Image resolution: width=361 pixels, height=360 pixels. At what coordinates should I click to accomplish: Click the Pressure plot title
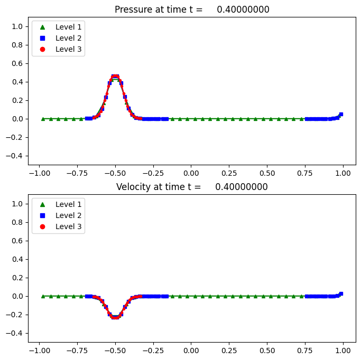point(192,10)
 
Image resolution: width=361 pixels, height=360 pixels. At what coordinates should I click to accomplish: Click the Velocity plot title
point(192,187)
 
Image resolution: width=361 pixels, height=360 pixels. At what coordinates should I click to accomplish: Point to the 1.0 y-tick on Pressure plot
point(19,26)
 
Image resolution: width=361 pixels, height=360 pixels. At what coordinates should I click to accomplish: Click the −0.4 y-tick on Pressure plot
point(17,156)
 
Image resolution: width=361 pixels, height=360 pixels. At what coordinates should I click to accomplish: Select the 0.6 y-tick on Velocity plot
point(19,241)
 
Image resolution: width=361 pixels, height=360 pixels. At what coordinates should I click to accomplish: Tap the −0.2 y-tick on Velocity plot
point(17,315)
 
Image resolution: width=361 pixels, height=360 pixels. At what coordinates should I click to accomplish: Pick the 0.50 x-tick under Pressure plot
point(267,173)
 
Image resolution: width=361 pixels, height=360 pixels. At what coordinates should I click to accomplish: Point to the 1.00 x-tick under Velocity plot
point(344,350)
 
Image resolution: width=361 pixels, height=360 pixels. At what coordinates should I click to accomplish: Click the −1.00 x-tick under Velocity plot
point(37,350)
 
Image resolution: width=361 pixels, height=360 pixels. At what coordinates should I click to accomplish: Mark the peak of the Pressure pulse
point(115,77)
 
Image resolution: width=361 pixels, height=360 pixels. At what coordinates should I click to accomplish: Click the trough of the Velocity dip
point(115,317)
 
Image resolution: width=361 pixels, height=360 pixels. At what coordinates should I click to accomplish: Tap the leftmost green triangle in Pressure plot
point(43,119)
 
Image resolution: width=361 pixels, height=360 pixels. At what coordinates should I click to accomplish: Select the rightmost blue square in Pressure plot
point(341,114)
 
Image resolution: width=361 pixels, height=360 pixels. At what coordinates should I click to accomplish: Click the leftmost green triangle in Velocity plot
point(43,296)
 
